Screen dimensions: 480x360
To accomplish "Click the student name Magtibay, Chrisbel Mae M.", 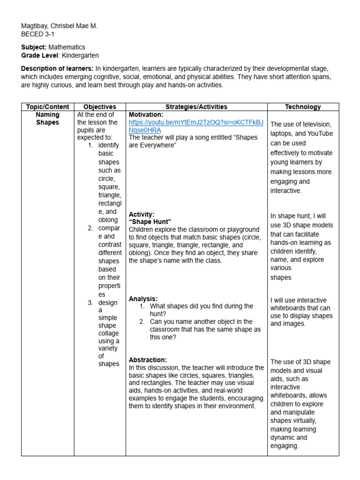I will click(59, 26).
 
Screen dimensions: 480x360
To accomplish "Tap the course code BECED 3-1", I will click(38, 34).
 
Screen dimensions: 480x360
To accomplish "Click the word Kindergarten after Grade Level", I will click(80, 55).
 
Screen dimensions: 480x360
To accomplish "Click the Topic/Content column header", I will click(47, 107).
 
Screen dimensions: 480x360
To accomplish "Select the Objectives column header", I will click(99, 107).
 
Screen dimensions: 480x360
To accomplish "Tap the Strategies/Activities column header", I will click(196, 107).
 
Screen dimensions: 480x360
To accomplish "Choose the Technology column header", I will click(303, 107).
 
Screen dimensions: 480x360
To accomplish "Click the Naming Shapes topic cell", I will click(47, 119).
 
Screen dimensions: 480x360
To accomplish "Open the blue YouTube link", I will click(196, 126).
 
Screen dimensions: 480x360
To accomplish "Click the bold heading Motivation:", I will click(146, 114).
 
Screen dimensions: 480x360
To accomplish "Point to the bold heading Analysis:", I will click(143, 299).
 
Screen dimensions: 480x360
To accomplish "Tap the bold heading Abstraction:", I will click(148, 360).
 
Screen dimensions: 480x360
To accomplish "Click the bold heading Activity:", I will click(142, 214).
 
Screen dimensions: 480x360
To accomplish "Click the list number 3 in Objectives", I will click(90, 303).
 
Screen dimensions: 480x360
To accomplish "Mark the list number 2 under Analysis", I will click(142, 322).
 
